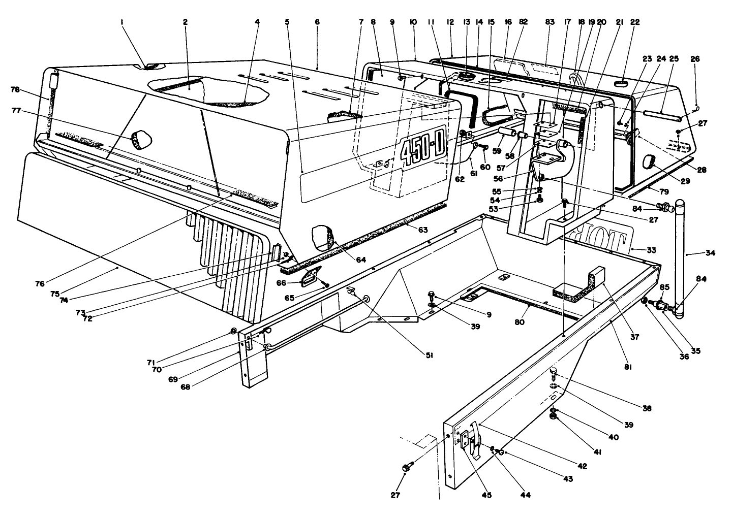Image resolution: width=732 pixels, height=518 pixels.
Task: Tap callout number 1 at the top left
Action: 123,22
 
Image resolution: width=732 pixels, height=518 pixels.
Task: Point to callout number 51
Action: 429,356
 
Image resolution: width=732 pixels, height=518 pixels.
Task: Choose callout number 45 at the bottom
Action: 486,495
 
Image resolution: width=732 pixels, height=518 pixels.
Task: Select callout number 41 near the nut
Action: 598,449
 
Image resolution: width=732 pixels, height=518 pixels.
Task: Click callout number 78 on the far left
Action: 15,89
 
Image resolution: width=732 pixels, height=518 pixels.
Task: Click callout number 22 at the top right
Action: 635,22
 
